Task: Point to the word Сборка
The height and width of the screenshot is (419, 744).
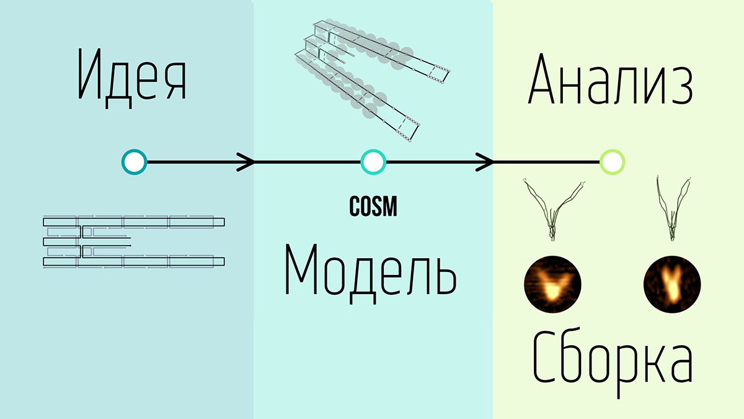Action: [x=613, y=361]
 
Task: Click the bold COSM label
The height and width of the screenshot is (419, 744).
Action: [x=373, y=207]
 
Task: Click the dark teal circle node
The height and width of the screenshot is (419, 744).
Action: [x=134, y=162]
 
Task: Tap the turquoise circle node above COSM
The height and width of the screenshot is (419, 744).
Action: [x=373, y=162]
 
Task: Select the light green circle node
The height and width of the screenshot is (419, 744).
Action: [x=613, y=162]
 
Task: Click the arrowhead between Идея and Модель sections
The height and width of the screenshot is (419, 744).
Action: [x=246, y=162]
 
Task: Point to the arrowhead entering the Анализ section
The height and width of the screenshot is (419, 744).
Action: [x=485, y=162]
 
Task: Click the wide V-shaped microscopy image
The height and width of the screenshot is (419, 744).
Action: [x=552, y=284]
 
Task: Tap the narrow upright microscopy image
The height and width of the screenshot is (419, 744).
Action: [x=672, y=284]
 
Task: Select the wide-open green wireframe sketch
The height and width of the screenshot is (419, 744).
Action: [x=554, y=209]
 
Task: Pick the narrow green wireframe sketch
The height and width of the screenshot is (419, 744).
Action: [x=673, y=208]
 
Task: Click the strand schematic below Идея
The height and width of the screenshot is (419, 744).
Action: [x=134, y=241]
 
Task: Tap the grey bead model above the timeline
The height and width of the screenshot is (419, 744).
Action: [x=373, y=80]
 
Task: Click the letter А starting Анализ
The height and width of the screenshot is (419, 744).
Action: [x=541, y=78]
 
